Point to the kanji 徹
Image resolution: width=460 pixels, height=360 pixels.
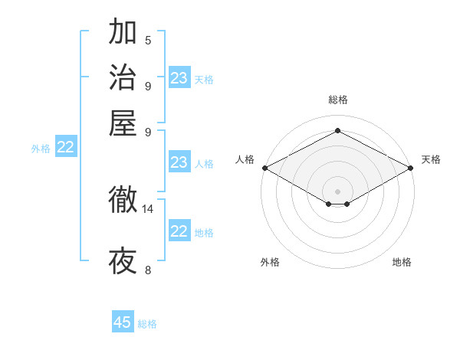[x=123, y=201]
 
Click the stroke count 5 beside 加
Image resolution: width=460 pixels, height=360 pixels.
[x=148, y=40]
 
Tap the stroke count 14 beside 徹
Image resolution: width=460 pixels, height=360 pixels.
[x=148, y=208]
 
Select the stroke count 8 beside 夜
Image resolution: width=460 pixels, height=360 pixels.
[x=148, y=269]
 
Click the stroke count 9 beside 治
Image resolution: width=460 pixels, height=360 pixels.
[x=148, y=85]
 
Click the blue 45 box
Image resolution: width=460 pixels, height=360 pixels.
[x=123, y=322]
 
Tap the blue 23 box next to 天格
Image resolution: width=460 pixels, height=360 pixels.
[x=179, y=77]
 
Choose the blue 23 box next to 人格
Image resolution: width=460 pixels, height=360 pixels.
[x=179, y=162]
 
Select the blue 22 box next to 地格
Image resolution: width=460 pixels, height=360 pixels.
[x=179, y=231]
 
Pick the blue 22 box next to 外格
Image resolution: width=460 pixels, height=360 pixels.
[x=65, y=147]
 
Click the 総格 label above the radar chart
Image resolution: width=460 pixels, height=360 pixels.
[x=338, y=100]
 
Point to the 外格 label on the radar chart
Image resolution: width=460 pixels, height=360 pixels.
[x=270, y=262]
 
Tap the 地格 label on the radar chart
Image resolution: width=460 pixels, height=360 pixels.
[x=402, y=262]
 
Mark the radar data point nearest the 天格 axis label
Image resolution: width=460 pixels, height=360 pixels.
[x=412, y=168]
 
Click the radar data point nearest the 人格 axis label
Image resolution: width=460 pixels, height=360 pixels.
[x=264, y=168]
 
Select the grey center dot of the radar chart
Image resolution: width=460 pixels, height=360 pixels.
[x=338, y=191]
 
